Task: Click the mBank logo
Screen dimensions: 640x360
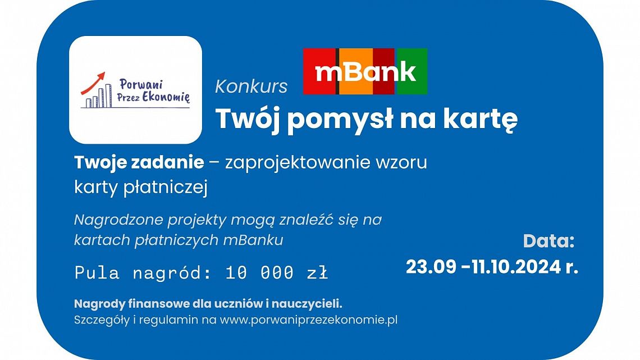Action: click(365, 71)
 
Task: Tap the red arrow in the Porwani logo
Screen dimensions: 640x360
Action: click(93, 83)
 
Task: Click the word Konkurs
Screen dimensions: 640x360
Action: click(251, 86)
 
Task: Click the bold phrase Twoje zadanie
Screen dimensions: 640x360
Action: click(139, 162)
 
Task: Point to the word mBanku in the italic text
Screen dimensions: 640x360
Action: click(253, 240)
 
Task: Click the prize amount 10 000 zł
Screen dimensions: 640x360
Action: click(277, 272)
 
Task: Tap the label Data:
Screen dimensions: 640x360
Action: click(548, 241)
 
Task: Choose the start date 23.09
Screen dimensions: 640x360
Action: click(431, 267)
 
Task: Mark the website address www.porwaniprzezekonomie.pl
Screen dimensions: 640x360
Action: click(309, 320)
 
